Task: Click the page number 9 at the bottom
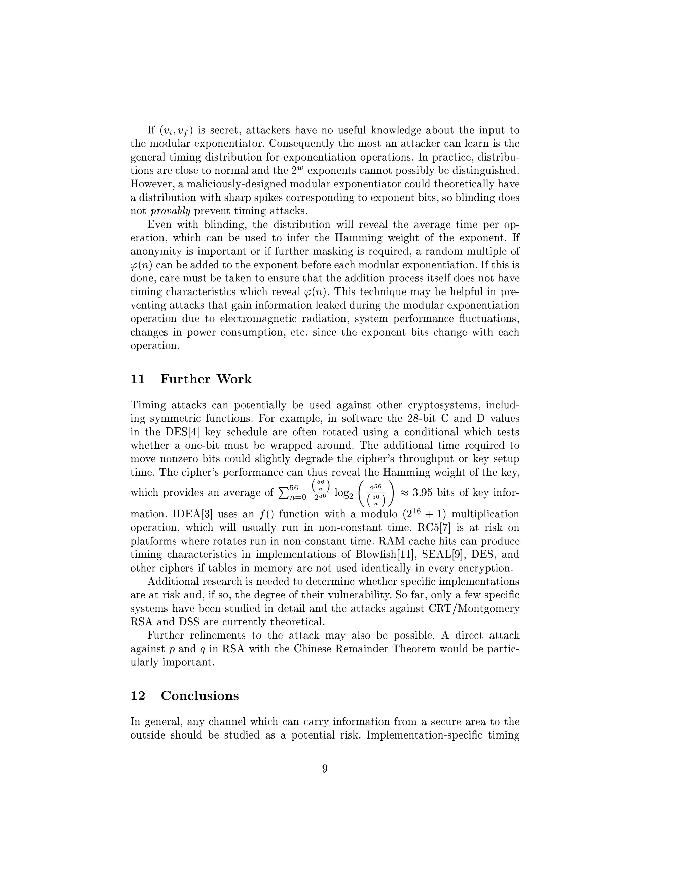(325, 769)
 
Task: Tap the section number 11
(138, 379)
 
